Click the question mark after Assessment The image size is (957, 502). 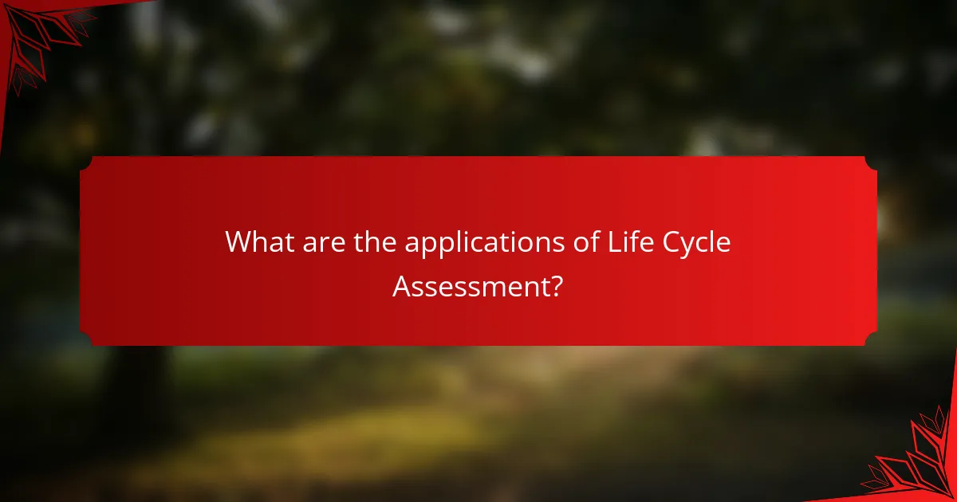(557, 285)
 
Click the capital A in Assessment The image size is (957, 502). (402, 285)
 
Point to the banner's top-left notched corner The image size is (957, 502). (85, 163)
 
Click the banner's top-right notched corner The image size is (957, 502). (871, 163)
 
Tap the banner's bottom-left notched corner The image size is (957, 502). (85, 339)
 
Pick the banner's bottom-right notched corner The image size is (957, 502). (871, 339)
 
